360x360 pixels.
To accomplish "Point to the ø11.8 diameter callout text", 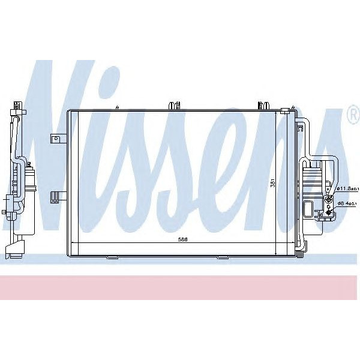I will [x=346, y=189].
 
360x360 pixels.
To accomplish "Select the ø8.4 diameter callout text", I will [x=346, y=203].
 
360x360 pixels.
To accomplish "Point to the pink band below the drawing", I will [x=180, y=287].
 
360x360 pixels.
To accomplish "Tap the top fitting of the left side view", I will [x=17, y=109].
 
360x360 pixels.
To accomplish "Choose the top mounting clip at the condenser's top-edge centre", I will [x=175, y=106].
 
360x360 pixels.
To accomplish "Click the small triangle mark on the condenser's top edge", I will [x=118, y=107].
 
